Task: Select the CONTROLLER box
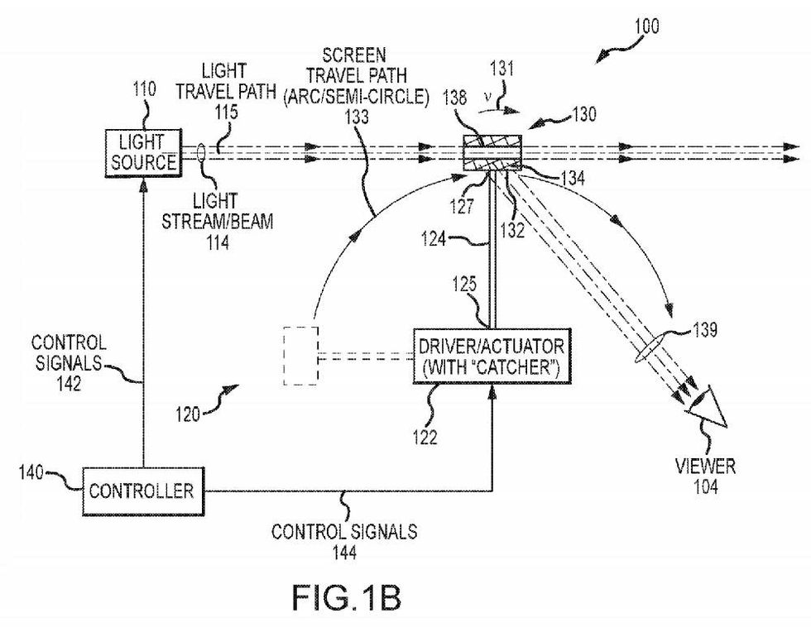point(142,491)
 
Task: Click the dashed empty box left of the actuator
point(299,356)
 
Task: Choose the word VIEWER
point(705,467)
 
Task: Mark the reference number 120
point(187,414)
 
